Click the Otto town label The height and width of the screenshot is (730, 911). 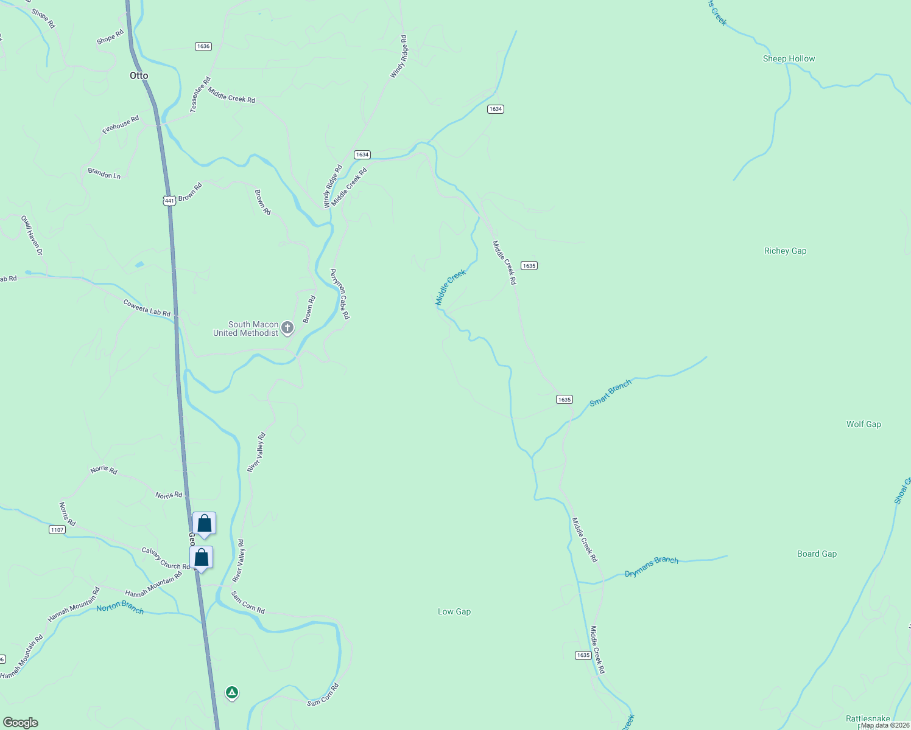pyautogui.click(x=139, y=75)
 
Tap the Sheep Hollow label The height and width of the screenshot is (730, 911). pyautogui.click(x=789, y=58)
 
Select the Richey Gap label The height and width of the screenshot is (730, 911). pyautogui.click(x=785, y=251)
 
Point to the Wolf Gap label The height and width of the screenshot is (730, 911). pyautogui.click(x=863, y=424)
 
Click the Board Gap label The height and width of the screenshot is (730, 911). pyautogui.click(x=817, y=554)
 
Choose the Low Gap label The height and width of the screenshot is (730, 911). pyautogui.click(x=454, y=611)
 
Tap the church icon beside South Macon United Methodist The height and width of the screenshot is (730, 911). pyautogui.click(x=287, y=328)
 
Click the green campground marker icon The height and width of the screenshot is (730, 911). pyautogui.click(x=231, y=692)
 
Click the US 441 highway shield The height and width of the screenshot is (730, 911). pyautogui.click(x=169, y=200)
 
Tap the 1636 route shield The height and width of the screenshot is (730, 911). pyautogui.click(x=203, y=46)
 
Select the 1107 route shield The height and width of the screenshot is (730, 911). pyautogui.click(x=57, y=530)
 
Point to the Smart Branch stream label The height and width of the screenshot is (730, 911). pyautogui.click(x=610, y=394)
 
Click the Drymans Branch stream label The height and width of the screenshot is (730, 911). pyautogui.click(x=652, y=566)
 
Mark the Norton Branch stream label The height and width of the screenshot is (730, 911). pyautogui.click(x=120, y=607)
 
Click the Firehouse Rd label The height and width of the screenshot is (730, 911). pyautogui.click(x=121, y=125)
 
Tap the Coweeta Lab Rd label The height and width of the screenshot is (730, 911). pyautogui.click(x=147, y=307)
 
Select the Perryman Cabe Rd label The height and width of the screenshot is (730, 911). pyautogui.click(x=340, y=294)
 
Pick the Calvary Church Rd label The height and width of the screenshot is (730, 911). pyautogui.click(x=166, y=558)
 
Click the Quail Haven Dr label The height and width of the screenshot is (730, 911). pyautogui.click(x=32, y=235)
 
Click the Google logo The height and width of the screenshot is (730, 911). pyautogui.click(x=21, y=722)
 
